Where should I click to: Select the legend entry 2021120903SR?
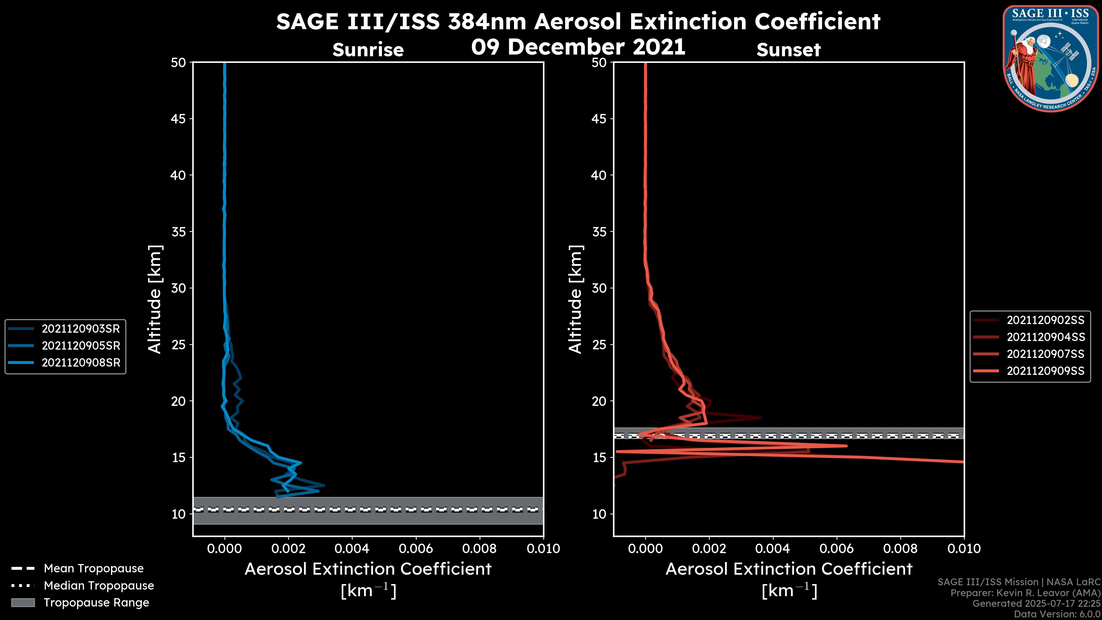[80, 329]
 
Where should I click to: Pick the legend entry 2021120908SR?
[80, 363]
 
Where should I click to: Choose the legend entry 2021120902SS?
[1045, 320]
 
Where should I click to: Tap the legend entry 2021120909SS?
[1045, 371]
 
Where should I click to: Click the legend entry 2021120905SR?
[80, 346]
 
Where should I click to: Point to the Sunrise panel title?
[368, 50]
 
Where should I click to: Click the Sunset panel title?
[788, 50]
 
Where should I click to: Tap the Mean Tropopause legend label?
[94, 568]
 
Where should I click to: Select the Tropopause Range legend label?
[96, 602]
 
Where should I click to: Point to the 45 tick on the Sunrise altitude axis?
[179, 119]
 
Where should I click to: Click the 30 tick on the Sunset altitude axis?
[599, 288]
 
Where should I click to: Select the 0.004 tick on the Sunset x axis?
[773, 549]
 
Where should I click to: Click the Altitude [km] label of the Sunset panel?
[575, 299]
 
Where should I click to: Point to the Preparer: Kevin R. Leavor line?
[1025, 593]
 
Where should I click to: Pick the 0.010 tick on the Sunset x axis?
[964, 549]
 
